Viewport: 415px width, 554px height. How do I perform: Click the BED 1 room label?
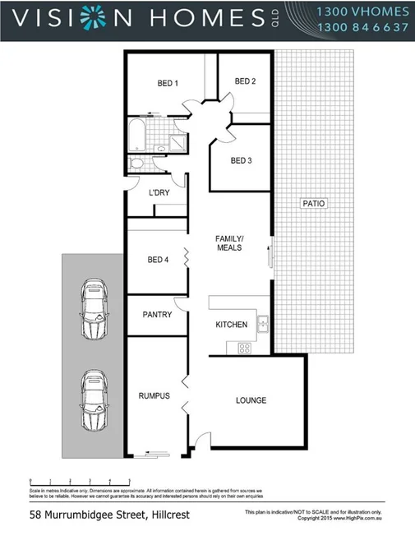click(x=168, y=83)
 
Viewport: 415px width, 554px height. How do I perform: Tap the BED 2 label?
click(x=245, y=81)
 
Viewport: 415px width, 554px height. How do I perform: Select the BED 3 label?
click(x=241, y=160)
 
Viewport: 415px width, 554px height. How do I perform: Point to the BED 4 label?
click(x=158, y=260)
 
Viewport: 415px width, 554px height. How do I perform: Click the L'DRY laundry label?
click(x=159, y=192)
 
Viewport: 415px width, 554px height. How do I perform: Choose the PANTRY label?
click(x=157, y=314)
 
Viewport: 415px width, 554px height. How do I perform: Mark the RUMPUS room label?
click(x=154, y=395)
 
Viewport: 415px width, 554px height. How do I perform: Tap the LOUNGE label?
click(x=251, y=400)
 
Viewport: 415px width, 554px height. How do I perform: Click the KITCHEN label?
click(x=231, y=325)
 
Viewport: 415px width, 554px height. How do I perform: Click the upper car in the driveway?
click(x=93, y=309)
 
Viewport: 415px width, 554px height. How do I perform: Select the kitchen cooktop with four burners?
click(x=244, y=348)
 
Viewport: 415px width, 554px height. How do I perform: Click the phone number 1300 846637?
click(x=362, y=27)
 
